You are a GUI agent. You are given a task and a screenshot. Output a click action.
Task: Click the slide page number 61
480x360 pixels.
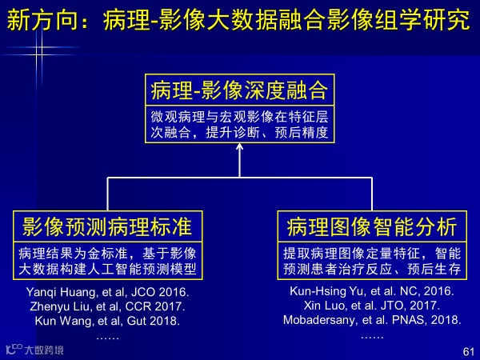click(x=469, y=351)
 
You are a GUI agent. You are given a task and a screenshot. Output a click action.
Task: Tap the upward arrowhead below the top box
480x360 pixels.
click(x=240, y=146)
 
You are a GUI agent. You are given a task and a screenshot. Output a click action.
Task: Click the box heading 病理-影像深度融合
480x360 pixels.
click(x=239, y=90)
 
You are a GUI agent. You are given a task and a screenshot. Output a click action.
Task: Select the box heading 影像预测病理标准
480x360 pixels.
click(x=107, y=227)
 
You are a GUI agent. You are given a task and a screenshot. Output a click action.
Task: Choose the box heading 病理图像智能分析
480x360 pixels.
click(x=372, y=227)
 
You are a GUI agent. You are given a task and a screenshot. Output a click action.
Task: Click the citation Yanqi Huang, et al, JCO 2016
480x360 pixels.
click(x=107, y=292)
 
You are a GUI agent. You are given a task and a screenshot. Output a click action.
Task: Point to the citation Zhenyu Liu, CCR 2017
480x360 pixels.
click(x=107, y=306)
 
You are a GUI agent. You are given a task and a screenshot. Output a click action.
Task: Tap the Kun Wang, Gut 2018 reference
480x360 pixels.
click(x=107, y=321)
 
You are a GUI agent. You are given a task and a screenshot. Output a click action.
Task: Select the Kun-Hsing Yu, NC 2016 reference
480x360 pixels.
click(x=372, y=291)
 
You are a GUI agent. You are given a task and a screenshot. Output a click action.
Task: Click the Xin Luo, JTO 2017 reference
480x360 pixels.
click(x=372, y=306)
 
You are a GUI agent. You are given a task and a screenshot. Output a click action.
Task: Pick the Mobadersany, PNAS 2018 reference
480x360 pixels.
click(x=372, y=320)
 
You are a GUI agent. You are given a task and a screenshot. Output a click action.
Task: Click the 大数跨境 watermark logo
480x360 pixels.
click(x=34, y=350)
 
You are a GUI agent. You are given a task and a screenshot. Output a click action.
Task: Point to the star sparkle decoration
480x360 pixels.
click(x=39, y=51)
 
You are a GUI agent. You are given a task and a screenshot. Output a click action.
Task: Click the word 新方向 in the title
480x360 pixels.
click(x=42, y=20)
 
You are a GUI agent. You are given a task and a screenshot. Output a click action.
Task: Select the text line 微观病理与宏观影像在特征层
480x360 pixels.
click(x=239, y=117)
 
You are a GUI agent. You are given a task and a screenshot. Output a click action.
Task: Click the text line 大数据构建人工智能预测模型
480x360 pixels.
click(x=107, y=269)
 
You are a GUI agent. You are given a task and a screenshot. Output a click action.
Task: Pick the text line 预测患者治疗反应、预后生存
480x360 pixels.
click(x=372, y=269)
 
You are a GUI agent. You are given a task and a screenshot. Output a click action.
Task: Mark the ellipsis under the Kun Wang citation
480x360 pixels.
click(x=107, y=338)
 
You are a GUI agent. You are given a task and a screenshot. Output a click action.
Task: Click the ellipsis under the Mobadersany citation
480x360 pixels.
click(x=372, y=338)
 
